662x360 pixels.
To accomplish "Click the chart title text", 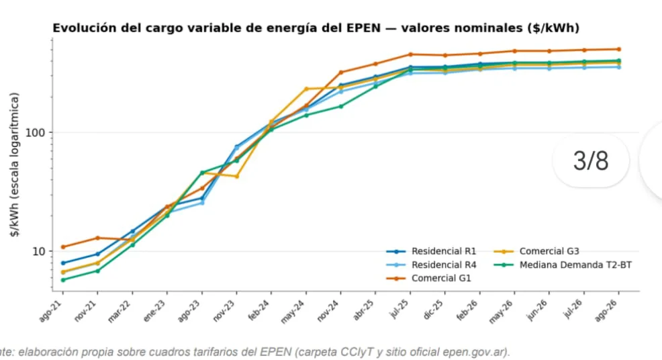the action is pyautogui.click(x=316, y=28).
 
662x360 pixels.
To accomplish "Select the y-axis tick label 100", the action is pyautogui.click(x=35, y=133).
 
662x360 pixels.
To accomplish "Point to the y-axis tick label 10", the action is pyautogui.click(x=38, y=251).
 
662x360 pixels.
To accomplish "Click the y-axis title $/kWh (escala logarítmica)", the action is pyautogui.click(x=15, y=165).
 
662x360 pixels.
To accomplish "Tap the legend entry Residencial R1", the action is pyautogui.click(x=431, y=251).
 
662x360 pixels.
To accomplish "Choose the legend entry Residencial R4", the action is pyautogui.click(x=431, y=265).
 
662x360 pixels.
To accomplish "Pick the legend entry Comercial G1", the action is pyautogui.click(x=428, y=279).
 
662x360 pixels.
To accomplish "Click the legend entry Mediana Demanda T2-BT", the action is pyautogui.click(x=563, y=265).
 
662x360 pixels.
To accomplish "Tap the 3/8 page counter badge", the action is pyautogui.click(x=591, y=161).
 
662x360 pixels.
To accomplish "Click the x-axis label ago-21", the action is pyautogui.click(x=50, y=311).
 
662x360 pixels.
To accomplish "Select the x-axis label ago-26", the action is pyautogui.click(x=606, y=311).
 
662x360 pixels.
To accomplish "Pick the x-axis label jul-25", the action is pyautogui.click(x=398, y=310).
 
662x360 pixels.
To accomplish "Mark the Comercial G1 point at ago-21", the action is pyautogui.click(x=63, y=246).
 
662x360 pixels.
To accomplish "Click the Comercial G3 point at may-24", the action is pyautogui.click(x=306, y=89).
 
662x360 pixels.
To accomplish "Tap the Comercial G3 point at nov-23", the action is pyautogui.click(x=237, y=176).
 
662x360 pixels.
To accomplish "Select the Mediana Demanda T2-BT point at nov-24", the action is pyautogui.click(x=341, y=107).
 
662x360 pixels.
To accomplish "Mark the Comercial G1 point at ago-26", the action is pyautogui.click(x=619, y=50).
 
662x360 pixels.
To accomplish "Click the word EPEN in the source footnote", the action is pyautogui.click(x=275, y=352).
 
